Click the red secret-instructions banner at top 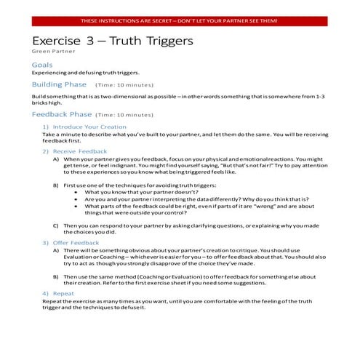[x=180, y=21]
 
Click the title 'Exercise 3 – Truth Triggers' [x=113, y=41]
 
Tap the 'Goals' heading [x=42, y=65]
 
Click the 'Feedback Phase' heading [x=62, y=114]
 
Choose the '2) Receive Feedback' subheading [x=76, y=151]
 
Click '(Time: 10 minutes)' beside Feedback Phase [x=121, y=115]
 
